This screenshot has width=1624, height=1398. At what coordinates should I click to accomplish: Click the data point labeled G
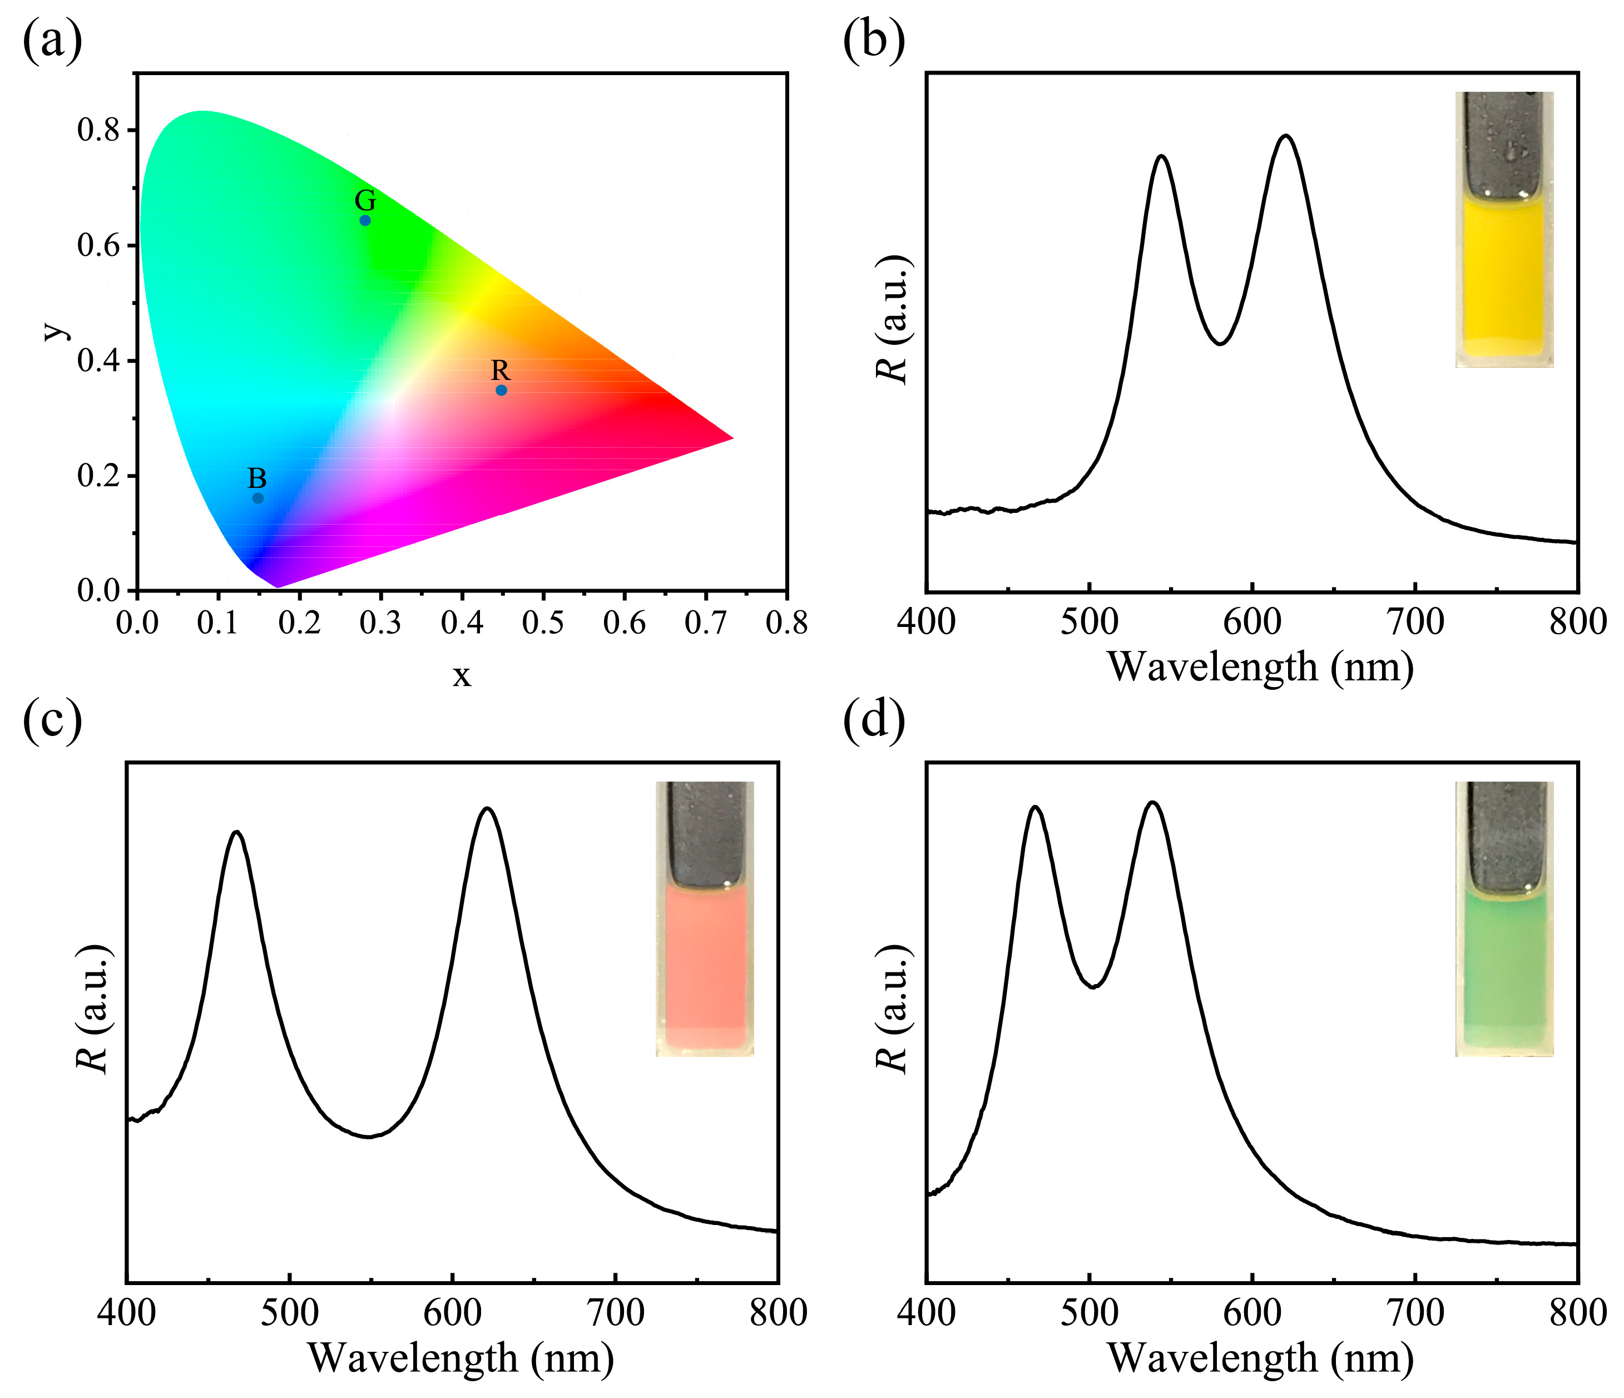click(365, 220)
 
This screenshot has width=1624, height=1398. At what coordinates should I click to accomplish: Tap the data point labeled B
click(258, 498)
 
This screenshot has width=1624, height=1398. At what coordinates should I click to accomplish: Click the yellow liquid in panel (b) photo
click(1504, 274)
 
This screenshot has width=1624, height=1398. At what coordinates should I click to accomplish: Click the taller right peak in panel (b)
click(1285, 136)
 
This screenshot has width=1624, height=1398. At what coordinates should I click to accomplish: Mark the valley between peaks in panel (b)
click(1220, 343)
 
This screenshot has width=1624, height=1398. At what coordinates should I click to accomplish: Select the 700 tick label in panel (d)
click(1415, 1312)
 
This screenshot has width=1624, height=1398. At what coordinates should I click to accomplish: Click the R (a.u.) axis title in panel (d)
click(892, 1011)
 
